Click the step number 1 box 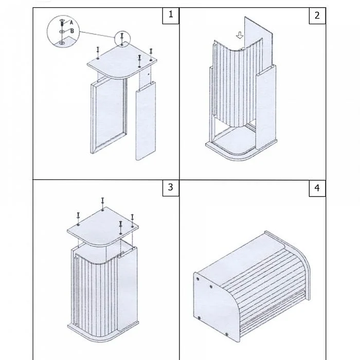[171, 15]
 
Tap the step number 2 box [317, 15]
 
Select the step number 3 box [171, 188]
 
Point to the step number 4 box [317, 188]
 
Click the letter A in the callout [71, 23]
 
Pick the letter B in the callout [71, 31]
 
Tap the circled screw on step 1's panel [122, 38]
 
